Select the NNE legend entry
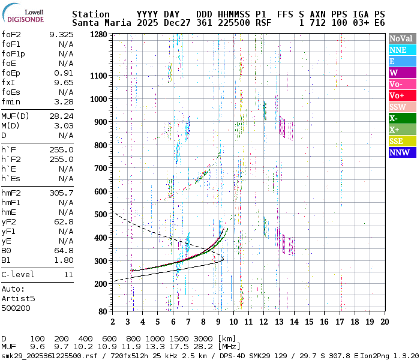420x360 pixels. pyautogui.click(x=401, y=50)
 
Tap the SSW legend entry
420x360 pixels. pyautogui.click(x=401, y=107)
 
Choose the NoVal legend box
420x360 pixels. pyautogui.click(x=401, y=38)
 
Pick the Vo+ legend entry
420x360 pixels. pyautogui.click(x=401, y=95)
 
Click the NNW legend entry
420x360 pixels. pyautogui.click(x=401, y=152)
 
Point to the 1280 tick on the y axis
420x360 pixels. pyautogui.click(x=99, y=35)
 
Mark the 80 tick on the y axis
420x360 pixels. pyautogui.click(x=103, y=311)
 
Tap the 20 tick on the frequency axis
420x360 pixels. pyautogui.click(x=383, y=321)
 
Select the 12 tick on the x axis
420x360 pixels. pyautogui.click(x=263, y=321)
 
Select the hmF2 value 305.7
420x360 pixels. pyautogui.click(x=61, y=193)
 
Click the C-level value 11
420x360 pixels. pyautogui.click(x=68, y=274)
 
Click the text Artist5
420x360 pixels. pyautogui.click(x=18, y=298)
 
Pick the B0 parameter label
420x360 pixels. pyautogui.click(x=7, y=250)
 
